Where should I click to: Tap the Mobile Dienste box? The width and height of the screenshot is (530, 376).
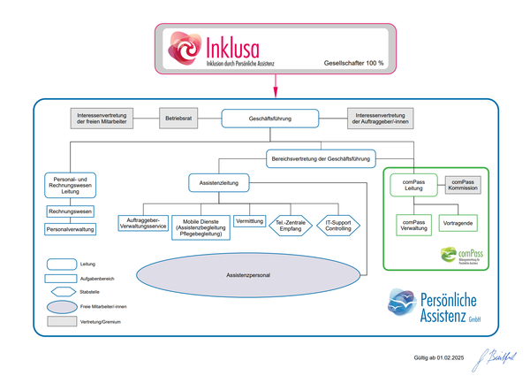(x=201, y=226)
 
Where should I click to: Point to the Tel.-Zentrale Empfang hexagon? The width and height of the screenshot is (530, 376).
(x=291, y=225)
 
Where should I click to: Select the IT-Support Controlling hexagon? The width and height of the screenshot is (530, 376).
(x=338, y=225)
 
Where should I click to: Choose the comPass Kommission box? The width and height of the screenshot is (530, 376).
(x=463, y=185)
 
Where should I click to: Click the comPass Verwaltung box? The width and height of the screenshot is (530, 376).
(x=414, y=224)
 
